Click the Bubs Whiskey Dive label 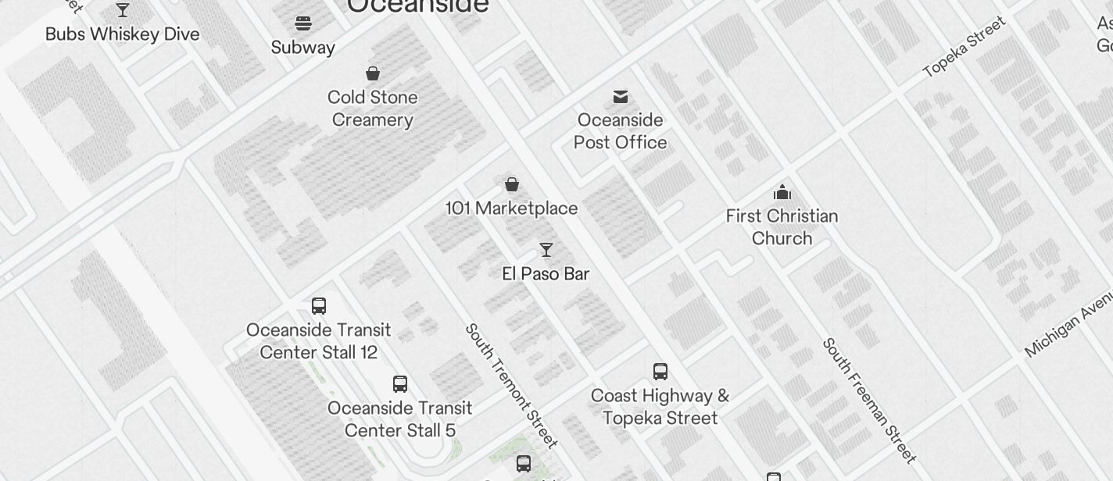pyautogui.click(x=123, y=34)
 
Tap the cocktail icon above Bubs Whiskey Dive pyautogui.click(x=123, y=10)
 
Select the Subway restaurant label pyautogui.click(x=303, y=48)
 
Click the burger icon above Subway pyautogui.click(x=303, y=23)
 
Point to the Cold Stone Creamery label pyautogui.click(x=373, y=109)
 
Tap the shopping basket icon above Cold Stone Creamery pyautogui.click(x=373, y=73)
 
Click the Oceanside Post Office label pyautogui.click(x=621, y=131)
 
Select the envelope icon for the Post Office pyautogui.click(x=621, y=97)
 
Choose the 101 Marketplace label pyautogui.click(x=512, y=208)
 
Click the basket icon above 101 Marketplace pyautogui.click(x=512, y=184)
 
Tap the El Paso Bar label pyautogui.click(x=546, y=274)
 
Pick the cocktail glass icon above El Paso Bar pyautogui.click(x=546, y=250)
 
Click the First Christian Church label pyautogui.click(x=782, y=227)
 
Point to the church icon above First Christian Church pyautogui.click(x=782, y=192)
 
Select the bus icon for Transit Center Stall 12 pyautogui.click(x=319, y=306)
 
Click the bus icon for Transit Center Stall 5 pyautogui.click(x=400, y=384)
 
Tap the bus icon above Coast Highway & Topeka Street pyautogui.click(x=660, y=372)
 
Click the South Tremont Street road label pyautogui.click(x=512, y=386)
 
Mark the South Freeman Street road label pyautogui.click(x=868, y=400)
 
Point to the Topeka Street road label pyautogui.click(x=964, y=46)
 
